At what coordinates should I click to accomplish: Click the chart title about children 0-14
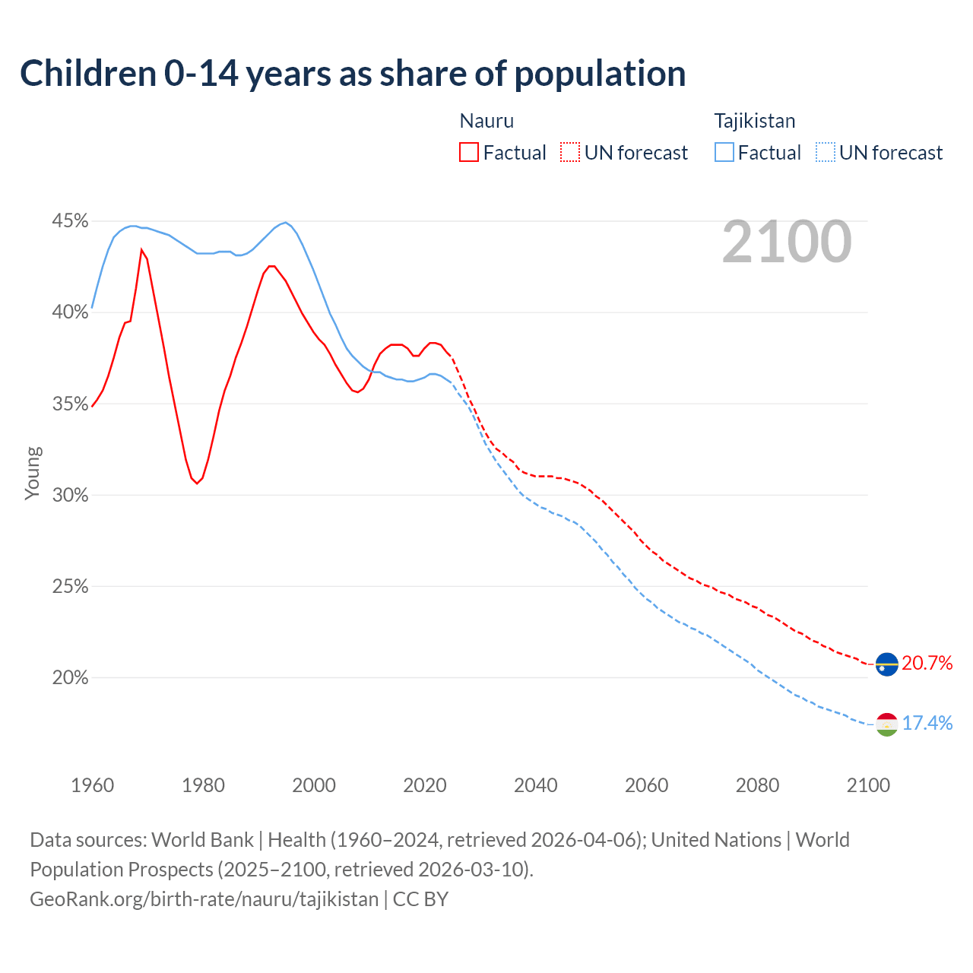pos(353,74)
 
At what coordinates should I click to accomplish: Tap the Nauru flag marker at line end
pos(886,664)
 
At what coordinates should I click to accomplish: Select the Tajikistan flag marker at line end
pos(886,724)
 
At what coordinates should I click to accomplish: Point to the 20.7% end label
pos(927,664)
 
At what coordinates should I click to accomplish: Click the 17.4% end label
pos(927,723)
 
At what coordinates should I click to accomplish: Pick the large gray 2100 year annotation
pos(787,242)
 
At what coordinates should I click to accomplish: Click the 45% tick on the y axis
pos(70,221)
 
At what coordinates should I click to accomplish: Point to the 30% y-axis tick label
pos(70,496)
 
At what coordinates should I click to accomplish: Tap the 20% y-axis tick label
pos(70,678)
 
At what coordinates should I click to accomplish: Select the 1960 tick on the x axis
pos(92,785)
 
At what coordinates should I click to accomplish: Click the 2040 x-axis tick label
pos(535,785)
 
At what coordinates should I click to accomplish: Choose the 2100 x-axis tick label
pos(867,785)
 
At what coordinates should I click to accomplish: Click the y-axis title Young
pos(33,473)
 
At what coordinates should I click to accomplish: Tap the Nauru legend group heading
pos(486,121)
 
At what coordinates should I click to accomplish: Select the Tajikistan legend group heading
pos(754,121)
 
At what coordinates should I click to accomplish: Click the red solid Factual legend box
pos(469,153)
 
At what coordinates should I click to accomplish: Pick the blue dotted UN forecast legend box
pos(826,153)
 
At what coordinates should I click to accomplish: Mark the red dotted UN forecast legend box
pos(570,153)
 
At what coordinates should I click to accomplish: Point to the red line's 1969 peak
pos(141,249)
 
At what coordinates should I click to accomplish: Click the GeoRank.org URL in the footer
pos(204,899)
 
